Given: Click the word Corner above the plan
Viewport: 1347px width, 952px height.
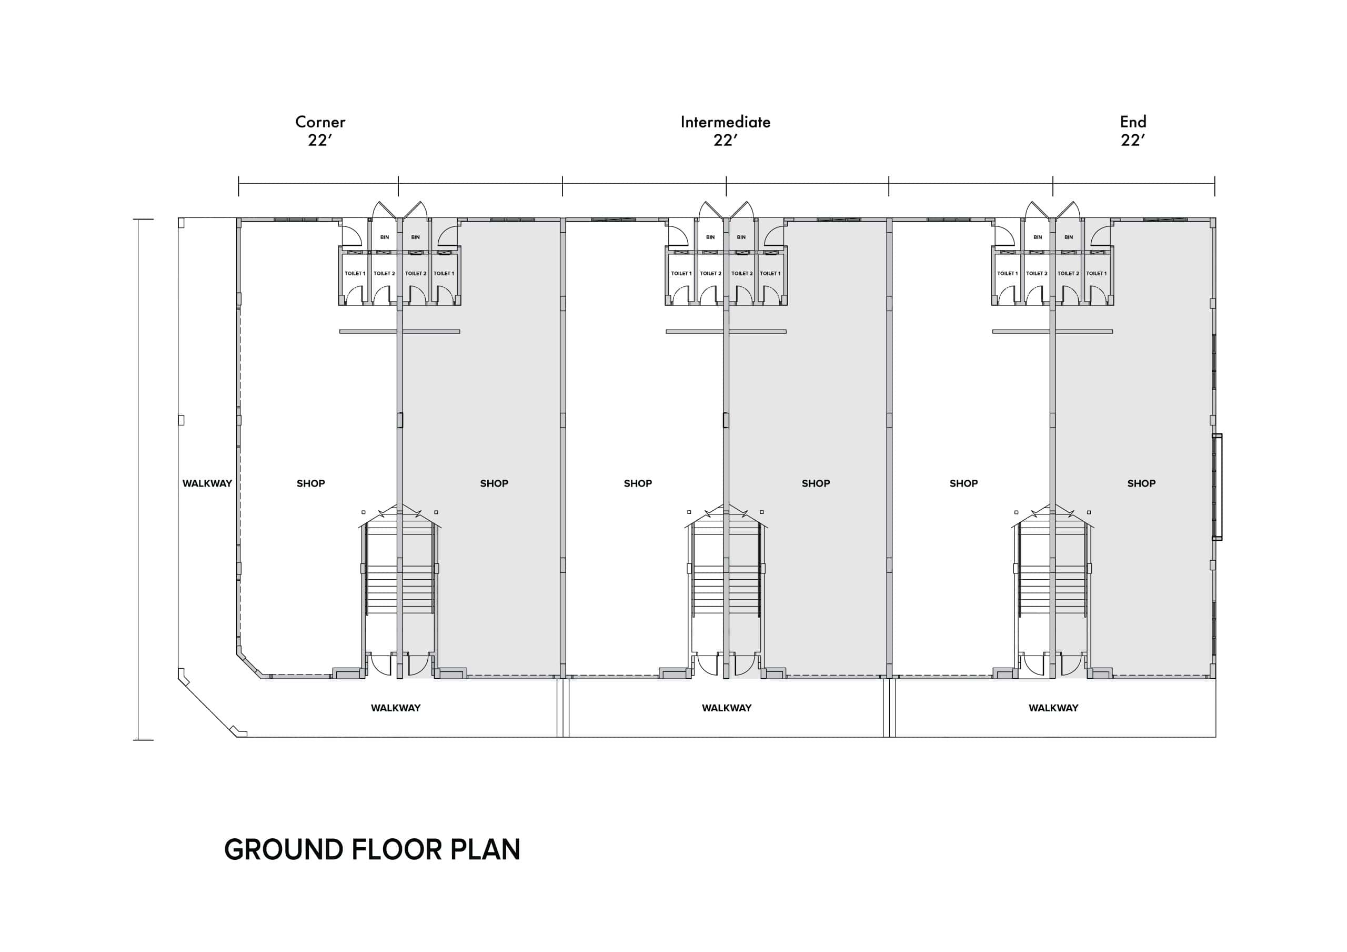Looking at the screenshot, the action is click(320, 122).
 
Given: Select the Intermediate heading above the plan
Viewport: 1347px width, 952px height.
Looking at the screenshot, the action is click(726, 122).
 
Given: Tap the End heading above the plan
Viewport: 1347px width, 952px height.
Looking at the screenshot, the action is click(1133, 122).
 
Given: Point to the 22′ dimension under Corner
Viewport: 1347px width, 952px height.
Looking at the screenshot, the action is click(320, 140).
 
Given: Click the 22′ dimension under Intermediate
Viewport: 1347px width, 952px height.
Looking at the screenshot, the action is click(726, 140).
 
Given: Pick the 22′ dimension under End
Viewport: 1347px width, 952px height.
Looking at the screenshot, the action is click(1133, 140).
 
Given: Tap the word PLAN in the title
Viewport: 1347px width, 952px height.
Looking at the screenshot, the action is click(486, 849).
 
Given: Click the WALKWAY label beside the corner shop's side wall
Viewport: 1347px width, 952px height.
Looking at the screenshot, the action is click(207, 483).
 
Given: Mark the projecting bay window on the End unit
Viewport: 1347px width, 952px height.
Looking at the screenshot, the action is click(1218, 487).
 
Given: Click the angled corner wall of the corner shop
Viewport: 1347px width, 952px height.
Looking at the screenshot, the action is click(250, 663).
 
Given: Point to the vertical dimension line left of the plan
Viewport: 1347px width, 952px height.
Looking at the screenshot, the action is click(139, 480).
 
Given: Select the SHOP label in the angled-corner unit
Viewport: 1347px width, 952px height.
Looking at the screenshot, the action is click(310, 483).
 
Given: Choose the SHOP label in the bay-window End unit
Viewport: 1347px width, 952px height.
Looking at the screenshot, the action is click(1141, 483).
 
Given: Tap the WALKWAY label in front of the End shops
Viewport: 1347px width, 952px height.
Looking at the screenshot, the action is click(1053, 708).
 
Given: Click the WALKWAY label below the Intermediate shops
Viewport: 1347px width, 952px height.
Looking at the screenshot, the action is click(726, 708).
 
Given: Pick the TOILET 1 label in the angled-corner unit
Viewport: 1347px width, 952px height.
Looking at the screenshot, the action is click(355, 273).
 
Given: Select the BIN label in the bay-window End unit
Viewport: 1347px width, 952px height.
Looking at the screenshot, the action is click(1068, 237).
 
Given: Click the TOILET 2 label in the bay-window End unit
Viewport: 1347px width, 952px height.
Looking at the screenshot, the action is click(1068, 273).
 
